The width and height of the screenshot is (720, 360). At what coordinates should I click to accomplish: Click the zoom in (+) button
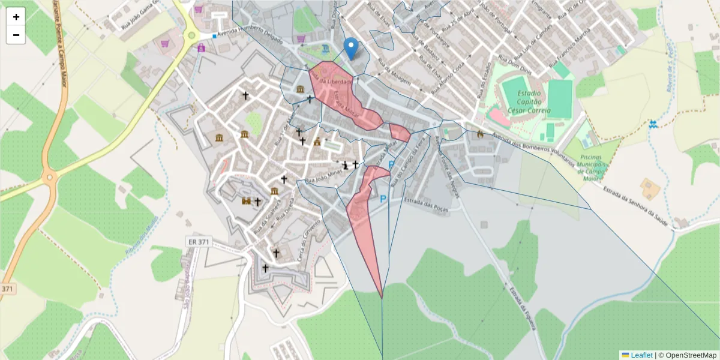[16, 17]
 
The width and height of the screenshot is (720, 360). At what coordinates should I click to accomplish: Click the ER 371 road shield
[198, 241]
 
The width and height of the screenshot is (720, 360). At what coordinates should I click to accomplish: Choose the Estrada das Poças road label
[426, 203]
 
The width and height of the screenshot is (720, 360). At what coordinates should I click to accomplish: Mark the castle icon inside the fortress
[245, 201]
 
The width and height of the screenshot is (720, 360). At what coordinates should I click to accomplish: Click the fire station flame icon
[480, 135]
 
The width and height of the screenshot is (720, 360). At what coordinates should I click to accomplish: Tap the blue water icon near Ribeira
[653, 124]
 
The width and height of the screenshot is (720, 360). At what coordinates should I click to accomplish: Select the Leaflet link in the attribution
[641, 355]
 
